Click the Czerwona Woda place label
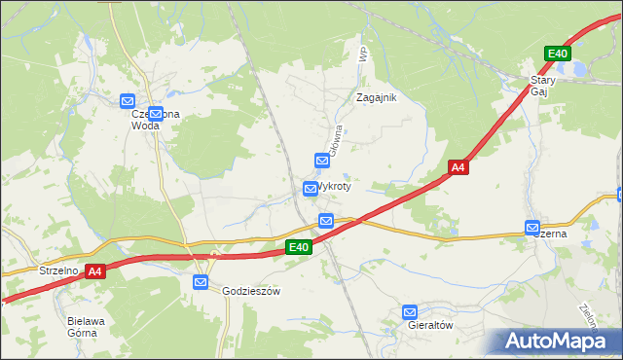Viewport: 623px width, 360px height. [x=156, y=120]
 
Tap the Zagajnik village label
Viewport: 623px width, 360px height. [x=377, y=97]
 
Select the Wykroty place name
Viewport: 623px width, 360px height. [x=333, y=185]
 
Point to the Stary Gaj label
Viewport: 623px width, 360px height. [x=542, y=86]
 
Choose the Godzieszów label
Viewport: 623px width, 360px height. [x=251, y=291]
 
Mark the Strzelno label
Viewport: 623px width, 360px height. [x=58, y=270]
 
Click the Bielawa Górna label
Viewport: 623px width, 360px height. [x=83, y=326]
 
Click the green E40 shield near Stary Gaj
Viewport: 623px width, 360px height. [x=558, y=54]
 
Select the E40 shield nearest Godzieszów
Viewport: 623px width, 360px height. [x=299, y=248]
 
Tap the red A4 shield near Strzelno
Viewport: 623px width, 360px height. [x=94, y=272]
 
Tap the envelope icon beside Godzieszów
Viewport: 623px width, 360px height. [x=201, y=283]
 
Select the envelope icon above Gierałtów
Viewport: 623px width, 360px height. [x=410, y=312]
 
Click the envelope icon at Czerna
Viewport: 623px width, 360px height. [x=532, y=228]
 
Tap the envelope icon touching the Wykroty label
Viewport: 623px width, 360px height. [x=311, y=188]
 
